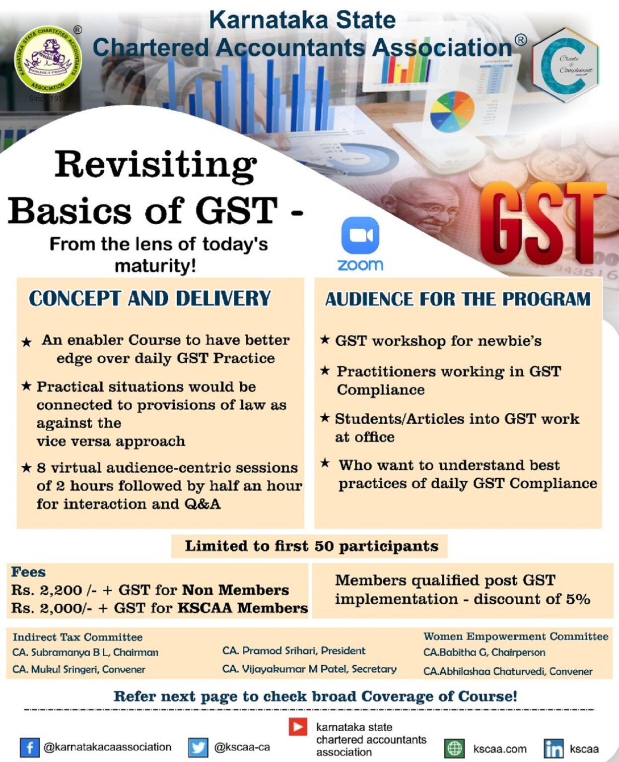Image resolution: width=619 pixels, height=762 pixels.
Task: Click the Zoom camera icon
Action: point(360,235)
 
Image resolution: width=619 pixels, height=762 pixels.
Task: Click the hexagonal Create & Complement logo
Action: point(565,64)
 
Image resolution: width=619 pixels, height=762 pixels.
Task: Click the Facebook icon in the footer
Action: point(29,747)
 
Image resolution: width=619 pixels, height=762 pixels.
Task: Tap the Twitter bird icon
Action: point(198,747)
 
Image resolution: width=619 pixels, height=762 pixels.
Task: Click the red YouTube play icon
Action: point(298,727)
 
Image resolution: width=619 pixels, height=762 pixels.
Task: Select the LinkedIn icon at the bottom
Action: point(553,748)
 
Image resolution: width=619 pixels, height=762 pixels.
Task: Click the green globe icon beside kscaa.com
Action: point(454,748)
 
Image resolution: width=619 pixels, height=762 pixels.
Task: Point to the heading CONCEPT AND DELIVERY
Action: point(150,298)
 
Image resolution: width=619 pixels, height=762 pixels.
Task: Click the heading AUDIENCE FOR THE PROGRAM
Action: point(458,299)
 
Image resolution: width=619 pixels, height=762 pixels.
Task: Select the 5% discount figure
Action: point(577,599)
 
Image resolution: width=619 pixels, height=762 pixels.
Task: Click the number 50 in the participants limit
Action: point(324,546)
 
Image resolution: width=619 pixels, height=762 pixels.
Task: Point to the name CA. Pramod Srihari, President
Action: point(293,650)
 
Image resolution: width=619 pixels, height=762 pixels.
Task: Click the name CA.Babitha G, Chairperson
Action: point(484,652)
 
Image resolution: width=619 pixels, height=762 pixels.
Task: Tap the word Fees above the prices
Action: point(28,572)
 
